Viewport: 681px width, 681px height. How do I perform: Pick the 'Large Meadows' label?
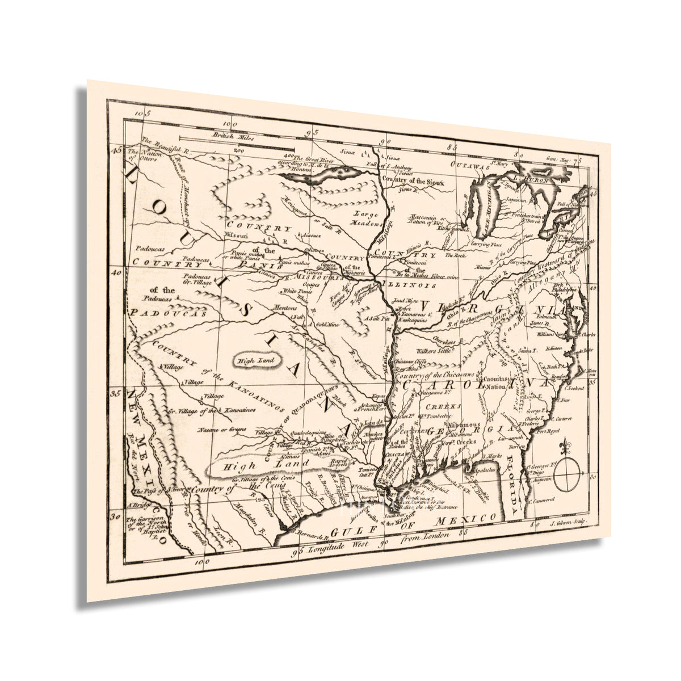(x=367, y=218)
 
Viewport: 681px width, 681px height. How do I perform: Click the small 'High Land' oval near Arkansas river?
(x=256, y=360)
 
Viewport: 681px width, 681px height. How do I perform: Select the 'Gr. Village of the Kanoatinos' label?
(x=207, y=410)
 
